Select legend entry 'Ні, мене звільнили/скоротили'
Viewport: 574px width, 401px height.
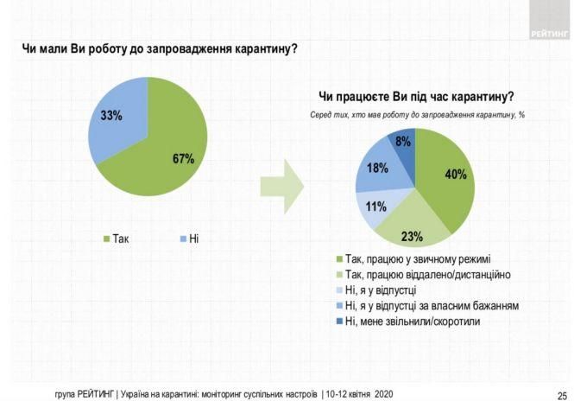click(410, 321)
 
